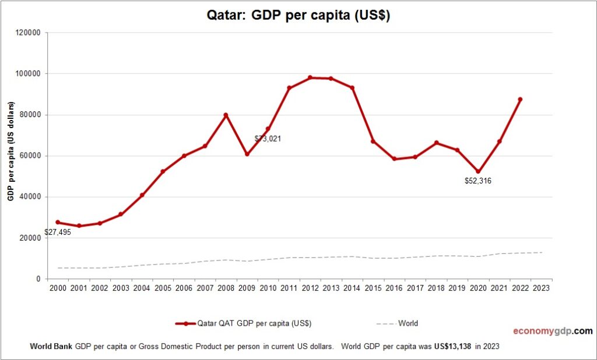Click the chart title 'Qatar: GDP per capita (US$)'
point(298,15)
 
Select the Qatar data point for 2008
point(226,115)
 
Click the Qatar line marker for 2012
point(310,77)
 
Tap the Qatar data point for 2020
point(479,172)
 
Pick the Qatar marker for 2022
point(521,100)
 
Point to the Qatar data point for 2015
point(373,142)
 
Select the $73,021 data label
point(268,139)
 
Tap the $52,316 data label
point(477,181)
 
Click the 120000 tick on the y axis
point(27,33)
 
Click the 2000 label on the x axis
point(58,288)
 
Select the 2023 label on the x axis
point(542,288)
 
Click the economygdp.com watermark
point(553,331)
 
